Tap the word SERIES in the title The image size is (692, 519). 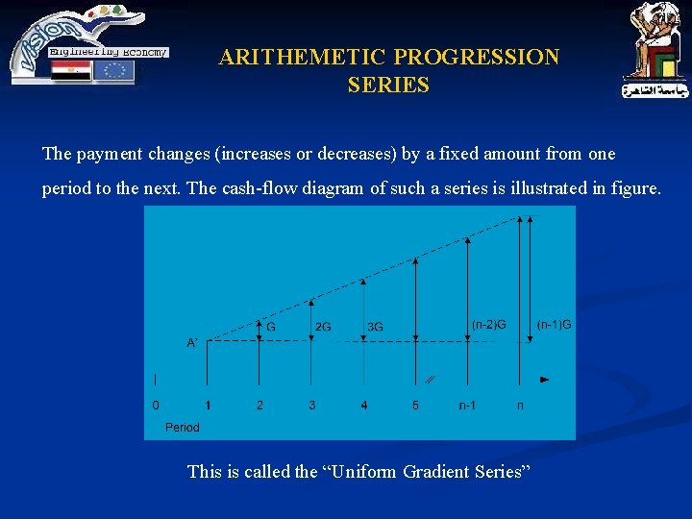tap(388, 86)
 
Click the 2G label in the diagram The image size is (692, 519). tap(323, 327)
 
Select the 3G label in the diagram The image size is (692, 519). tap(375, 327)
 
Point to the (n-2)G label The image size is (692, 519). tap(489, 324)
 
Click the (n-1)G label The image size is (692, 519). tap(555, 324)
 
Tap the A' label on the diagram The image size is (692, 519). tap(192, 342)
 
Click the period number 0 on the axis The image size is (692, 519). tap(157, 406)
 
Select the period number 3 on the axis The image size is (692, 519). tap(312, 406)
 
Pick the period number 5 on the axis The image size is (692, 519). tap(415, 406)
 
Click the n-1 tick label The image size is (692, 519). tap(467, 406)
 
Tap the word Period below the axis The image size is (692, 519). tap(183, 427)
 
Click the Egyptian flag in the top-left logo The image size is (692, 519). tap(71, 71)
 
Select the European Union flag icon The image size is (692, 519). tap(113, 71)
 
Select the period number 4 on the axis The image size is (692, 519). tap(364, 406)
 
